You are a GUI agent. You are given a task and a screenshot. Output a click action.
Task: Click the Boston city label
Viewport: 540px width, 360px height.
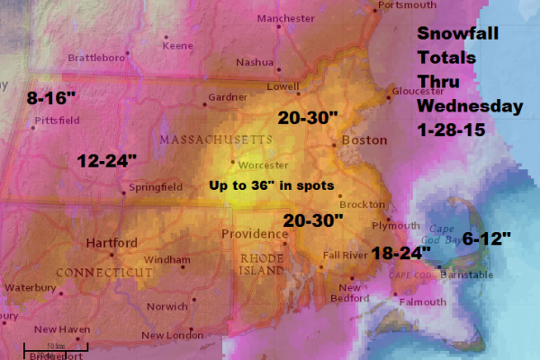(364, 140)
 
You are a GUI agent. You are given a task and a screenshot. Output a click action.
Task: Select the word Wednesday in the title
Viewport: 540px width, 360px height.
(469, 105)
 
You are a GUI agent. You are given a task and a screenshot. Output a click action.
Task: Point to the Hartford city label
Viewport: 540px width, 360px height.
(112, 243)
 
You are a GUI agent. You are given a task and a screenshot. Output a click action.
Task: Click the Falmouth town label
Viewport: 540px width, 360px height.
(421, 302)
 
